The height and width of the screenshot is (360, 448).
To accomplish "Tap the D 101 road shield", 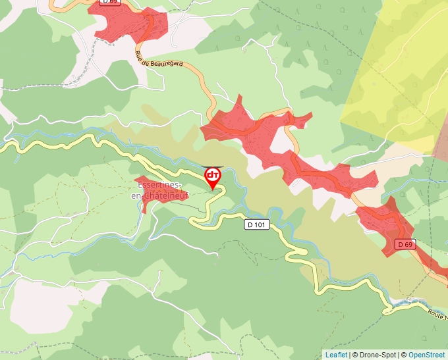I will (258, 224).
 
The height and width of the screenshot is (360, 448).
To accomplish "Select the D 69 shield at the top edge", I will (109, 3).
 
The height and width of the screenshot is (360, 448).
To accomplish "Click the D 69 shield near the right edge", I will (405, 245).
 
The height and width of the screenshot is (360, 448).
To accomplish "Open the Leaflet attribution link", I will (336, 355).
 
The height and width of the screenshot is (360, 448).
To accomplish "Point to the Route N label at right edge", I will (436, 316).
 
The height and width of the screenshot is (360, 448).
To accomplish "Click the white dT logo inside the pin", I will (213, 175).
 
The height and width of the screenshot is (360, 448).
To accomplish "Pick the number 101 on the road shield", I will (261, 224).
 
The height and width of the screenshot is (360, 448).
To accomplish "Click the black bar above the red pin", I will (213, 167).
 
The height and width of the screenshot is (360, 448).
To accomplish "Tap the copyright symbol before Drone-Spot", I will (355, 355).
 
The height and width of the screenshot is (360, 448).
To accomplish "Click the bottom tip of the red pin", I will (213, 190).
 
